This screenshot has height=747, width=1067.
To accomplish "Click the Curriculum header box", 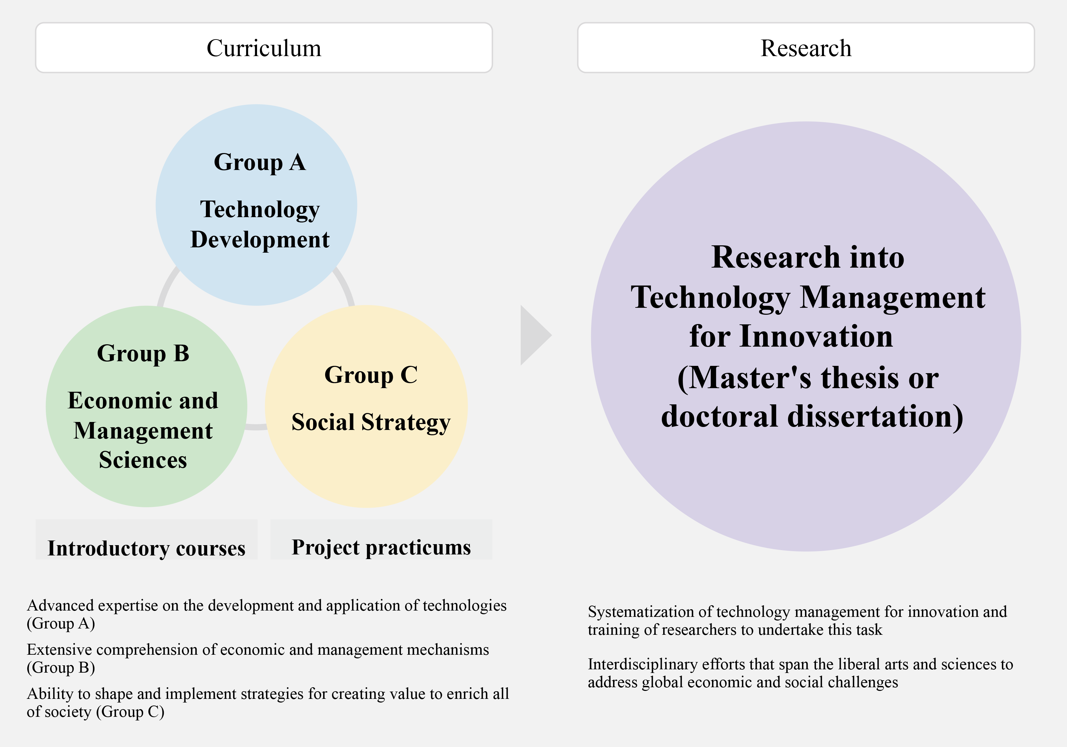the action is pyautogui.click(x=264, y=48).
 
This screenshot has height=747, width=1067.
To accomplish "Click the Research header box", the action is pyautogui.click(x=806, y=48).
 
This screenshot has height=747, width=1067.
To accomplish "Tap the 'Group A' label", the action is pyautogui.click(x=260, y=163).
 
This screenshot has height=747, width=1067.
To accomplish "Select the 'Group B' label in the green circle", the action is pyautogui.click(x=143, y=354).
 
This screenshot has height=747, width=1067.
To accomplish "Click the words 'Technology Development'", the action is pyautogui.click(x=260, y=224).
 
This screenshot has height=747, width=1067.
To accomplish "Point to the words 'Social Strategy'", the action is pyautogui.click(x=371, y=423).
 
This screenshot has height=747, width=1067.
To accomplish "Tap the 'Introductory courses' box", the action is pyautogui.click(x=146, y=540).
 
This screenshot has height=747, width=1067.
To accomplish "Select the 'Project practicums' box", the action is pyautogui.click(x=381, y=540).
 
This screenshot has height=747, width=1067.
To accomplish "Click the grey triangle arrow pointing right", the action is pyautogui.click(x=535, y=335).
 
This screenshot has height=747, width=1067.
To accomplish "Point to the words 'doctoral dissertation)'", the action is pyautogui.click(x=812, y=416).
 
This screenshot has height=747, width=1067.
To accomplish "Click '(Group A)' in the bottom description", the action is pyautogui.click(x=61, y=623).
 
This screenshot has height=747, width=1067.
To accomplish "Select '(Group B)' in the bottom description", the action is pyautogui.click(x=61, y=668).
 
